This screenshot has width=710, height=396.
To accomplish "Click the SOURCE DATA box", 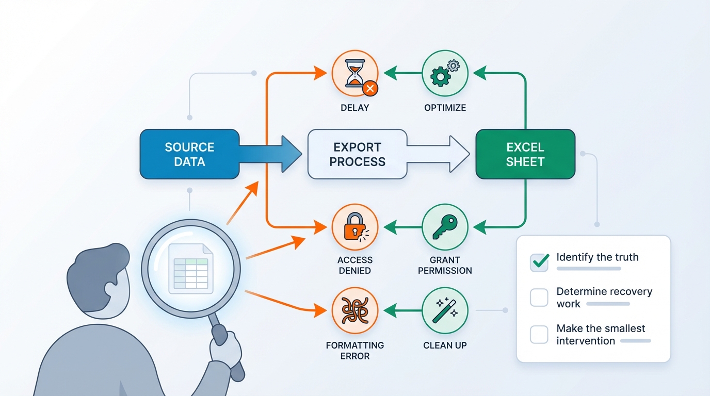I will tap(189, 154).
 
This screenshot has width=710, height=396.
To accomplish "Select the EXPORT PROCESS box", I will tap(357, 154).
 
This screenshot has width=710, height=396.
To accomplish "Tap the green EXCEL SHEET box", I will tap(525, 154).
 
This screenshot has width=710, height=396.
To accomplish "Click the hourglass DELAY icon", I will tap(354, 74).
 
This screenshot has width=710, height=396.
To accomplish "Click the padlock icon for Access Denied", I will tap(354, 227).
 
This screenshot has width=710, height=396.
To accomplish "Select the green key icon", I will tap(445, 227).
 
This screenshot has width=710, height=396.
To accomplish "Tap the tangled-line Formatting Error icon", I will tap(354, 311).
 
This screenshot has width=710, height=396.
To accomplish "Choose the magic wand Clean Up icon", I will tap(445, 311).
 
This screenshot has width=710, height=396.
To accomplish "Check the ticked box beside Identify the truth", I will tap(539, 262).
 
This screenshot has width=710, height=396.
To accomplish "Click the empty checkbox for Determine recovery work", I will tap(539, 298).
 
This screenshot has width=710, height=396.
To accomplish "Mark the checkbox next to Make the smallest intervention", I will tap(539, 335).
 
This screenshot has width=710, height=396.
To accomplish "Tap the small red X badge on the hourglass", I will tap(369, 88).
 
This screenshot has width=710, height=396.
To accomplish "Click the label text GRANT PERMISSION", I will tap(445, 265).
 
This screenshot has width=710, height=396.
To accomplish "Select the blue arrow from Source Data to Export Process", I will tap(271, 154).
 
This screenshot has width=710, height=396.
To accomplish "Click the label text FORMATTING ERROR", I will tap(354, 351).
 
